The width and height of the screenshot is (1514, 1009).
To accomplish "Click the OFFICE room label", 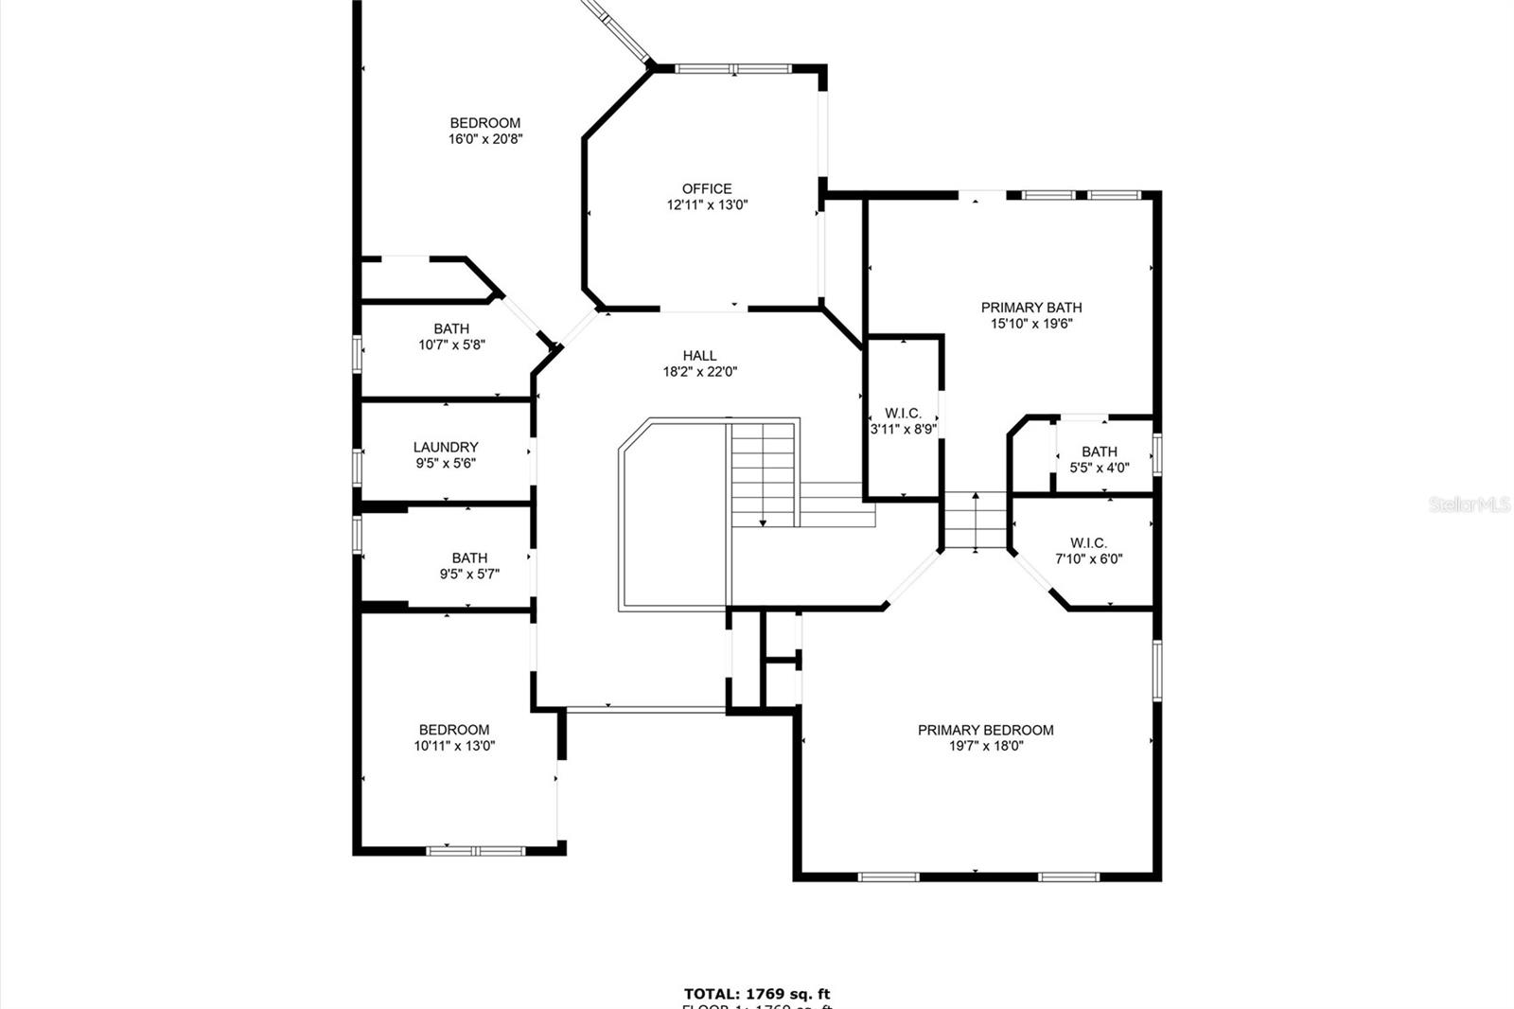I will [707, 188].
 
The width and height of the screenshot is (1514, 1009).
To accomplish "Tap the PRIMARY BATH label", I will [1030, 307].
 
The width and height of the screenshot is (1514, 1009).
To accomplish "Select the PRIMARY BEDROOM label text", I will [985, 730].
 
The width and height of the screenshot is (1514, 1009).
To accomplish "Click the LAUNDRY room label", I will [446, 447].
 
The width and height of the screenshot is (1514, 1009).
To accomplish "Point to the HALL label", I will [699, 356].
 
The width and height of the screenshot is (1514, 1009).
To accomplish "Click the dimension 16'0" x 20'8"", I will [485, 139].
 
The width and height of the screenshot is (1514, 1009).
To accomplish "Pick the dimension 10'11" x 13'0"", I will [454, 746].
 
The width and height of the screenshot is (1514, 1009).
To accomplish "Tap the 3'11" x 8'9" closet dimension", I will [904, 429].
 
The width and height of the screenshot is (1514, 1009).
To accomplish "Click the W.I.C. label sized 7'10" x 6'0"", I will [1088, 542].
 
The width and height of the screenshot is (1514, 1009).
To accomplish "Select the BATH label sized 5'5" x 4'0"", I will [1099, 451].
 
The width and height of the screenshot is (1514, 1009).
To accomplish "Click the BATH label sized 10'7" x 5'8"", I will [451, 328].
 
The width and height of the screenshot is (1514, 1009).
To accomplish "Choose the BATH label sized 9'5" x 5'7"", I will [469, 558].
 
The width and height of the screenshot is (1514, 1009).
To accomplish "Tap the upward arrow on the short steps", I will [976, 496].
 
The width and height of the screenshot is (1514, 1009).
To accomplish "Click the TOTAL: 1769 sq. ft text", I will [756, 994].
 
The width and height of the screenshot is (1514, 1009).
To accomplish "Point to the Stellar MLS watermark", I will [1469, 504].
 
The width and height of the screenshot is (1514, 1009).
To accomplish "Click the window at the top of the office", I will [733, 68].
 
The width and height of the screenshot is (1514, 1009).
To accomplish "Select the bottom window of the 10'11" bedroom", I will [475, 851].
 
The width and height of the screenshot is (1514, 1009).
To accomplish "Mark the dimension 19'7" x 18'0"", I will [985, 746].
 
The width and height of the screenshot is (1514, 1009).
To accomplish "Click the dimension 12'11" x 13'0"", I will [707, 204].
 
